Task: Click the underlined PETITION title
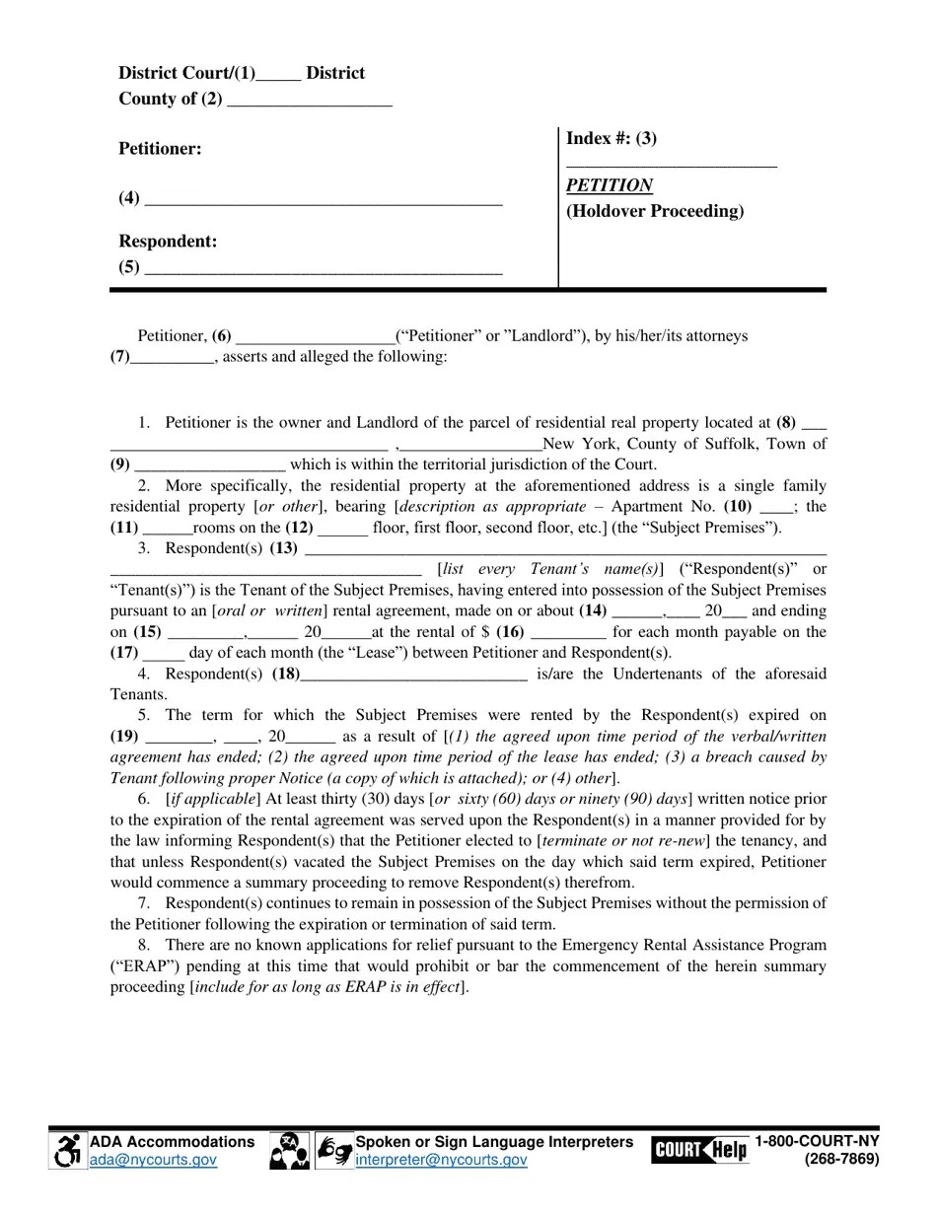pos(609,185)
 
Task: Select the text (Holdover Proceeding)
pos(655,211)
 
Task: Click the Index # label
pos(612,138)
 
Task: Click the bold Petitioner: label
pos(160,149)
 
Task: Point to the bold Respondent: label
pos(168,242)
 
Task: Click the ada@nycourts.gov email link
pos(153,1161)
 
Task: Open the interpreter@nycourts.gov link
pos(441,1161)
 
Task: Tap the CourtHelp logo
pos(698,1150)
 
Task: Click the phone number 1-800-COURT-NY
pos(817,1142)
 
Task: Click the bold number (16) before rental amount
pos(510,632)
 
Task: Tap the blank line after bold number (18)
pos(413,676)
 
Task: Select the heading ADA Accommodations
pos(172,1142)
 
